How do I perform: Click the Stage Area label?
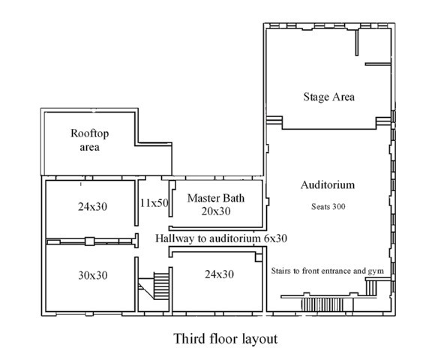click(x=328, y=97)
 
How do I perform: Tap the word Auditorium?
click(x=328, y=184)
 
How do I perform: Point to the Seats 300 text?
click(x=328, y=205)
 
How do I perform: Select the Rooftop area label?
click(x=90, y=140)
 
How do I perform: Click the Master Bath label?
click(x=219, y=199)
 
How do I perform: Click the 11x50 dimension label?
click(x=154, y=202)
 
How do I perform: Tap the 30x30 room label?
click(x=92, y=275)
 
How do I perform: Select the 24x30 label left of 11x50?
click(x=92, y=206)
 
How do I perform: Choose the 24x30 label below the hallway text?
click(x=219, y=274)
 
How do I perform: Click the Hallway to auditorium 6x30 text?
click(x=222, y=238)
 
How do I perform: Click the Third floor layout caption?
click(x=226, y=338)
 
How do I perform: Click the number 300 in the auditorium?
click(x=337, y=205)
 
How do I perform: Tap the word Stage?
click(x=315, y=97)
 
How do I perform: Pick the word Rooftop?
click(x=90, y=133)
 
